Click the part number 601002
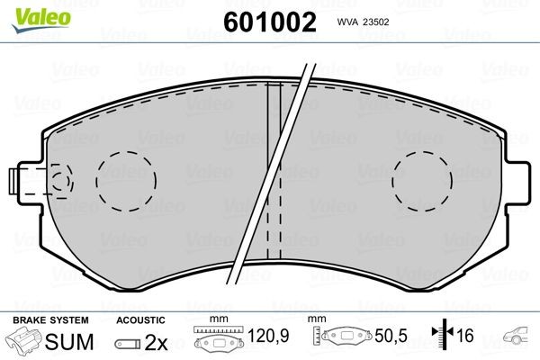click(x=270, y=22)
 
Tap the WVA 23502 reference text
click(x=363, y=22)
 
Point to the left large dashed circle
click(x=126, y=181)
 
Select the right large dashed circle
click(x=422, y=181)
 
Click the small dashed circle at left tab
click(x=61, y=181)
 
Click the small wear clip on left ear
click(x=13, y=181)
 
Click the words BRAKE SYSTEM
click(x=50, y=320)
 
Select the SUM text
click(x=69, y=342)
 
